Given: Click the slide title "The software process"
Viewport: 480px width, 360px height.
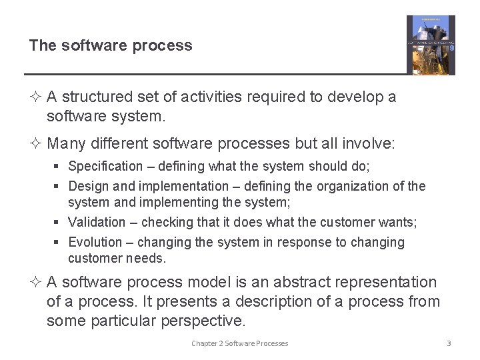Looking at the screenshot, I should (111, 46).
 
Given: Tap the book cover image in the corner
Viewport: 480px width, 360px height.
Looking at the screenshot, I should (431, 45).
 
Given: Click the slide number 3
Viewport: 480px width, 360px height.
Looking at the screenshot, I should (449, 343).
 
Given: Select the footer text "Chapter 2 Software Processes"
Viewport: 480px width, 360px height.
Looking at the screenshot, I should (240, 343).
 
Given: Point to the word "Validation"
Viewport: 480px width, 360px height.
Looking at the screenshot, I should (97, 222).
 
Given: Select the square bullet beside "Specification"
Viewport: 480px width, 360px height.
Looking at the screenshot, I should (59, 167).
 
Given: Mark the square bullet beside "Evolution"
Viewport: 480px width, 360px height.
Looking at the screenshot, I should (59, 243).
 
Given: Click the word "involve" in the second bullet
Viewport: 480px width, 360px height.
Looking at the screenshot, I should (371, 143).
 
